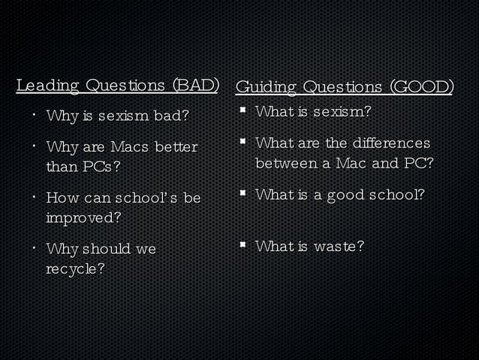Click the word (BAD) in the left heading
coord(195,85)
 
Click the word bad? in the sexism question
coord(171,116)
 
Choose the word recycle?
coord(75,268)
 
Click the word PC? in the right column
coord(419,162)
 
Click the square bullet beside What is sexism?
coord(243,113)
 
